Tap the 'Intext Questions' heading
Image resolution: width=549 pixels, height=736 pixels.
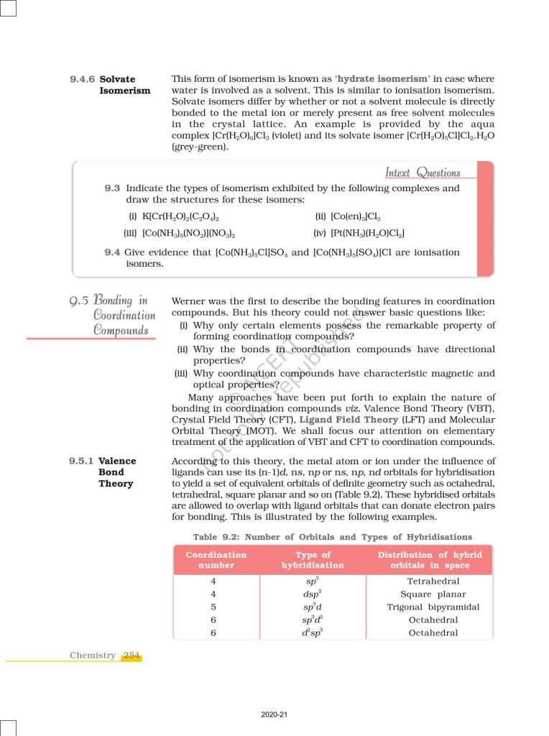[x=423, y=172]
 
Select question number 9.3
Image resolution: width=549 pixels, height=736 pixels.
[x=112, y=188]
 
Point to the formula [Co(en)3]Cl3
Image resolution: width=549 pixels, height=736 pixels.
[x=356, y=217]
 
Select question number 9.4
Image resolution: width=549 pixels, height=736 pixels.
[x=112, y=252]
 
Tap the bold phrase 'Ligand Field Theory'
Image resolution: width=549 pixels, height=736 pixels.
[x=349, y=419]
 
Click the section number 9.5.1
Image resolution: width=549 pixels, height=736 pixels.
[x=81, y=461]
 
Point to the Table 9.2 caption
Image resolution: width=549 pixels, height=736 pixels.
[x=332, y=537]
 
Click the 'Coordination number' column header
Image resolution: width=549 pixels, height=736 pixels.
[x=216, y=560]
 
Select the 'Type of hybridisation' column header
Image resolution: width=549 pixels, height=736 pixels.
[x=313, y=560]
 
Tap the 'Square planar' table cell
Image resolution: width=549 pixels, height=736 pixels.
[x=433, y=594]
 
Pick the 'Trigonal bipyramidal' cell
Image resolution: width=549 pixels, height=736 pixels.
[x=433, y=607]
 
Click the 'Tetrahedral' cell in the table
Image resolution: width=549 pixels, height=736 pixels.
[x=433, y=581]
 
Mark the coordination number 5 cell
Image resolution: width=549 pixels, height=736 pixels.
[x=213, y=607]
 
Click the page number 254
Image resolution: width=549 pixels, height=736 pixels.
[x=132, y=655]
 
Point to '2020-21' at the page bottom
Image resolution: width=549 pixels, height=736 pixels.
[x=274, y=715]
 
